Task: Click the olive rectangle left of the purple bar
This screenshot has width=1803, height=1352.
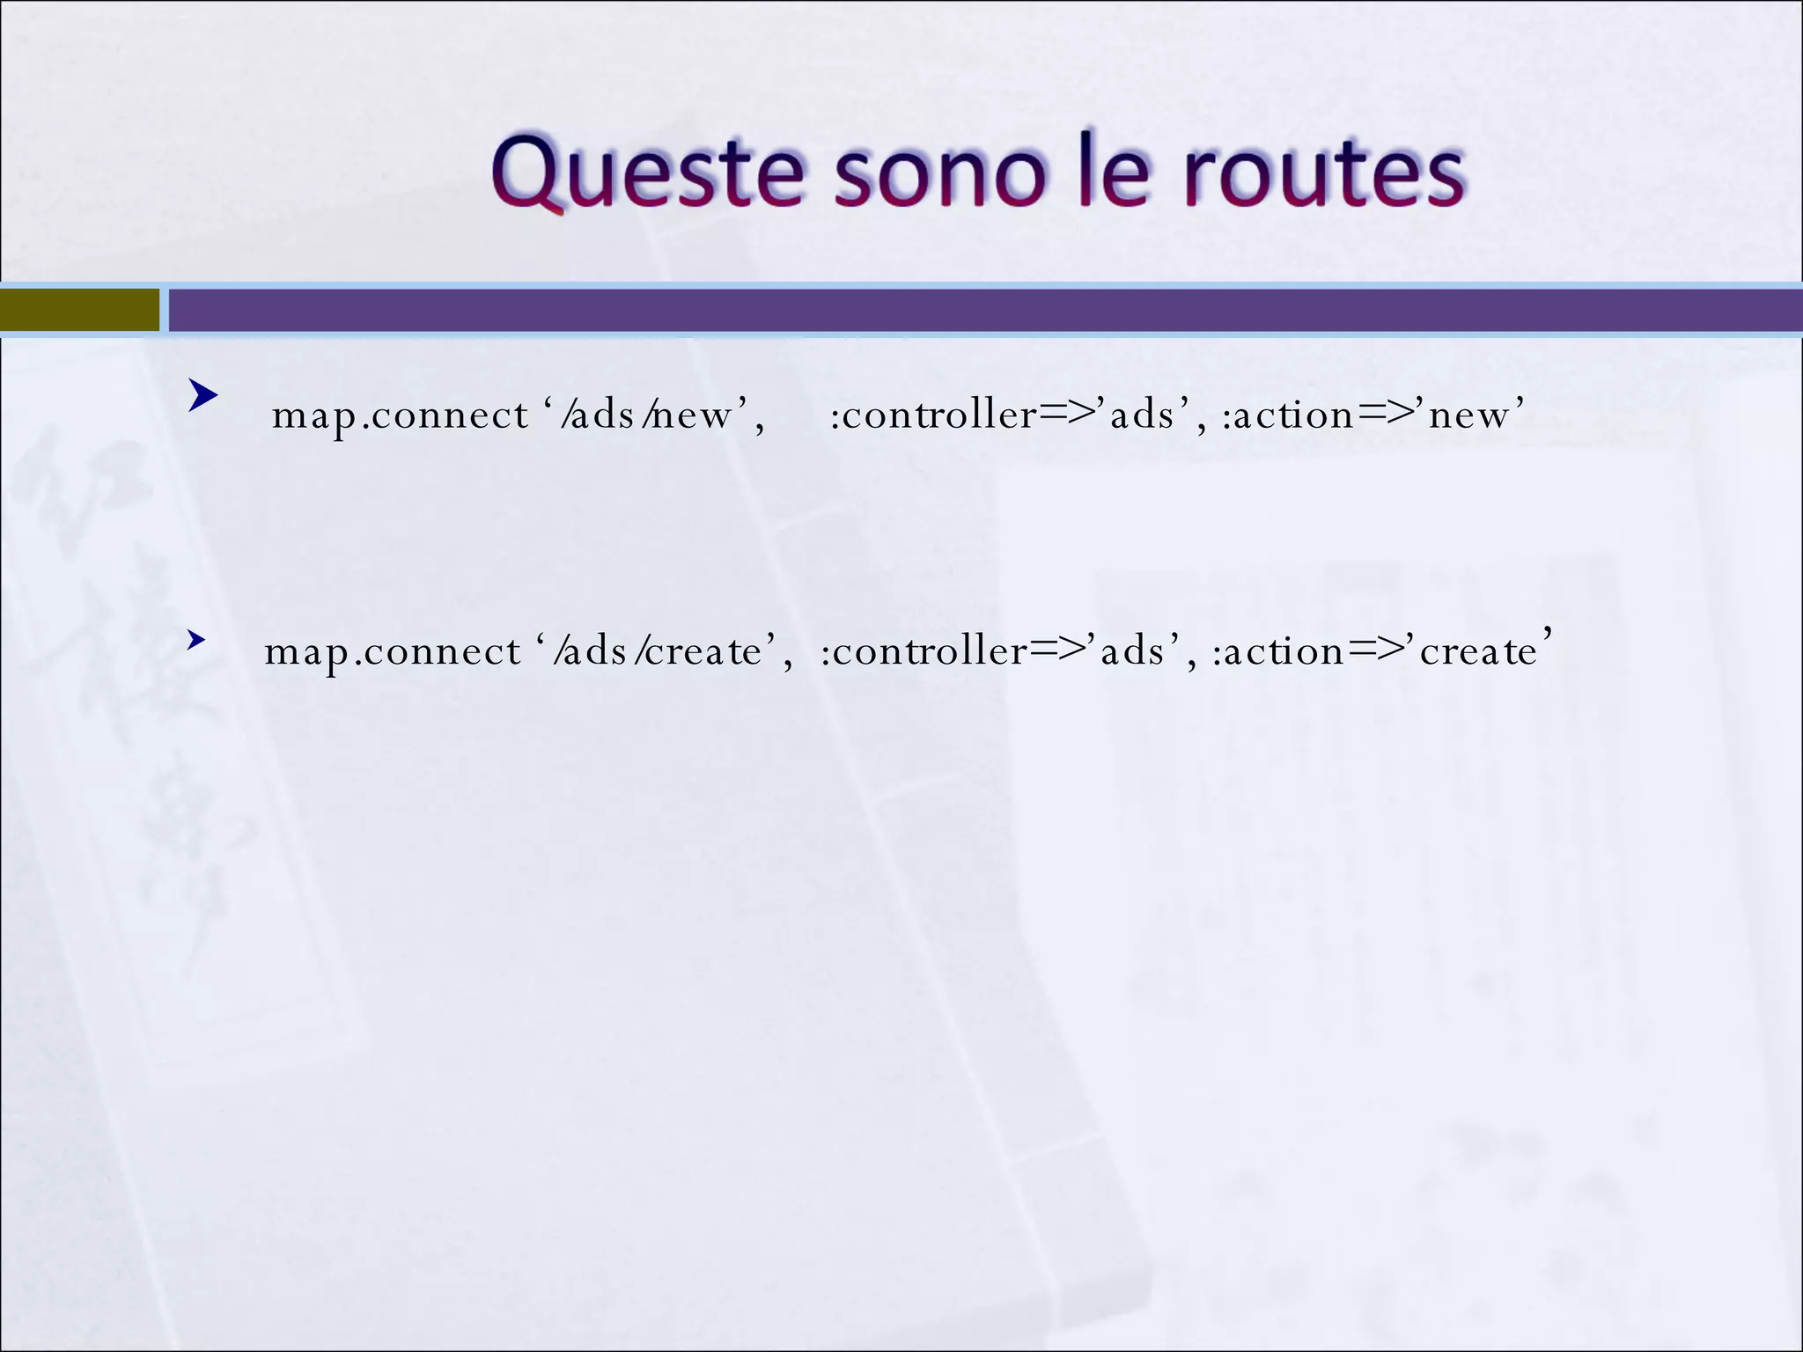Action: [x=79, y=310]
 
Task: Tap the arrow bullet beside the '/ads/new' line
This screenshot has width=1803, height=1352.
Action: [x=202, y=397]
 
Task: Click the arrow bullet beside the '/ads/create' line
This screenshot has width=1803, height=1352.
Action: [x=196, y=640]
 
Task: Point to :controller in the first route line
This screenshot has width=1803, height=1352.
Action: [x=933, y=415]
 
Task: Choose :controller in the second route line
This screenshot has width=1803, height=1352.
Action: [x=924, y=652]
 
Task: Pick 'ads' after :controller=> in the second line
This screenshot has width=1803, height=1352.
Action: [x=1132, y=652]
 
